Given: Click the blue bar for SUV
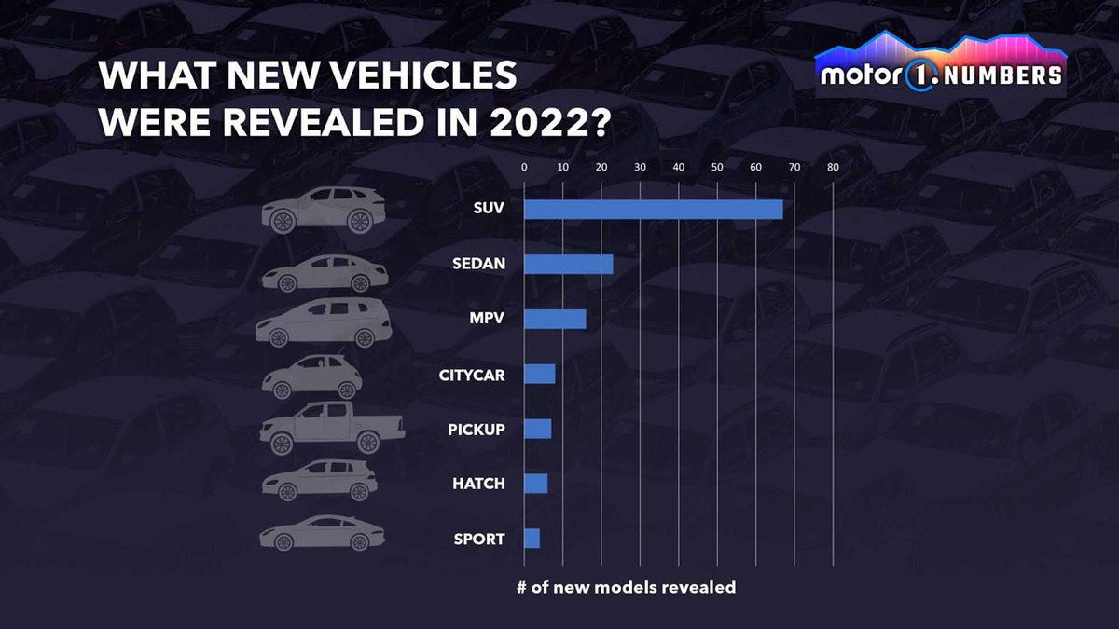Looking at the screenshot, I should [653, 209].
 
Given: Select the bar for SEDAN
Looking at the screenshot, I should [568, 264].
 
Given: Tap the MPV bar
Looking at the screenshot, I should [555, 319].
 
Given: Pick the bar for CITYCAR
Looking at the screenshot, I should [539, 374].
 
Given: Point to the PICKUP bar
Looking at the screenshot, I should [537, 429].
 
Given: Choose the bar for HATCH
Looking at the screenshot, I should [535, 484].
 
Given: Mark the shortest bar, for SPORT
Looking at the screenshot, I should [532, 539].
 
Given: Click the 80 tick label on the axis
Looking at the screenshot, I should [833, 168].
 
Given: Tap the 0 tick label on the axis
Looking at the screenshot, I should [524, 168].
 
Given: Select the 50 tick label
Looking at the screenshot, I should [717, 168].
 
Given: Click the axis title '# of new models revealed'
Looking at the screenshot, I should [626, 587].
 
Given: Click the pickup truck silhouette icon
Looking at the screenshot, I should [331, 428].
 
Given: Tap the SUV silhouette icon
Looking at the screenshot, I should [323, 210].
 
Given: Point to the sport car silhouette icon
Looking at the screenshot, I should [322, 534].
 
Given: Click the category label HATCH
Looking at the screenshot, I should [478, 484].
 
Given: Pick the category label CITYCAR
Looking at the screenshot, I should [472, 375].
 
